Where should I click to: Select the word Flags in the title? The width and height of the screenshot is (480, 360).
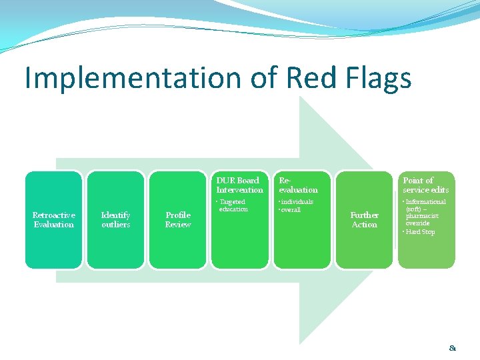[377, 79]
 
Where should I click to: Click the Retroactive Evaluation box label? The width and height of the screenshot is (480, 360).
[54, 220]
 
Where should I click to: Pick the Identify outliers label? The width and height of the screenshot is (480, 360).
[115, 220]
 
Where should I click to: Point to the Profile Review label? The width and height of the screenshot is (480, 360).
[178, 220]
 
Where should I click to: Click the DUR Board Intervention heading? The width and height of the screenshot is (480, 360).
[239, 185]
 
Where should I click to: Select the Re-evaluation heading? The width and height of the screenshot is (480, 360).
[298, 185]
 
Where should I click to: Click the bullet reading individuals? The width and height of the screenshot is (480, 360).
[297, 202]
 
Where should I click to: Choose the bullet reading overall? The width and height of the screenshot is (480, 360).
[291, 210]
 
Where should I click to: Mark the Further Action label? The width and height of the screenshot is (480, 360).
[364, 220]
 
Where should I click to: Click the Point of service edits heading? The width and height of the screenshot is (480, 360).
[425, 185]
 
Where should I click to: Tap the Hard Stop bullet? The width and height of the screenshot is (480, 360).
[421, 232]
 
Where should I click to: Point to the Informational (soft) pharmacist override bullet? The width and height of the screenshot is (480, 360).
[425, 213]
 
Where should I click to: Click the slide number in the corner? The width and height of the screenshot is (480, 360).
[453, 347]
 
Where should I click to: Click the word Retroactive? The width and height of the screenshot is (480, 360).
[54, 215]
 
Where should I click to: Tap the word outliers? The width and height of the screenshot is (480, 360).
[115, 225]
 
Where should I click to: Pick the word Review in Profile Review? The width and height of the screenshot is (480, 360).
[178, 225]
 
